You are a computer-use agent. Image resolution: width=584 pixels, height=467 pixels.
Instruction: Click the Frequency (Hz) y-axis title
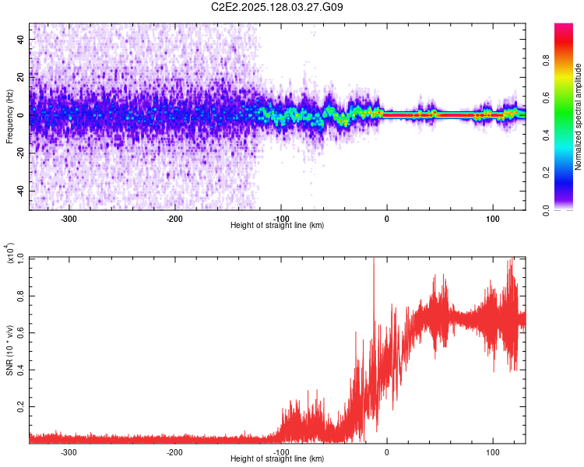point(9,117)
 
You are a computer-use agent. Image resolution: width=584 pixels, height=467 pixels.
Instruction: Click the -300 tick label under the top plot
point(69,219)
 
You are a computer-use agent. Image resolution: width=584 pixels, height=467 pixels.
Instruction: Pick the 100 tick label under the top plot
point(492,219)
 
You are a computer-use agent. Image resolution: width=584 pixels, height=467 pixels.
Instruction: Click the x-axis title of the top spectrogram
point(278,226)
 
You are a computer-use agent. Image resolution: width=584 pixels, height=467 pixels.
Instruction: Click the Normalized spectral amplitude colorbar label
point(578,117)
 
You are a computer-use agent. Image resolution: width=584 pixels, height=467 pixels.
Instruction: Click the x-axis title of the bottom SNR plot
point(278,459)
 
